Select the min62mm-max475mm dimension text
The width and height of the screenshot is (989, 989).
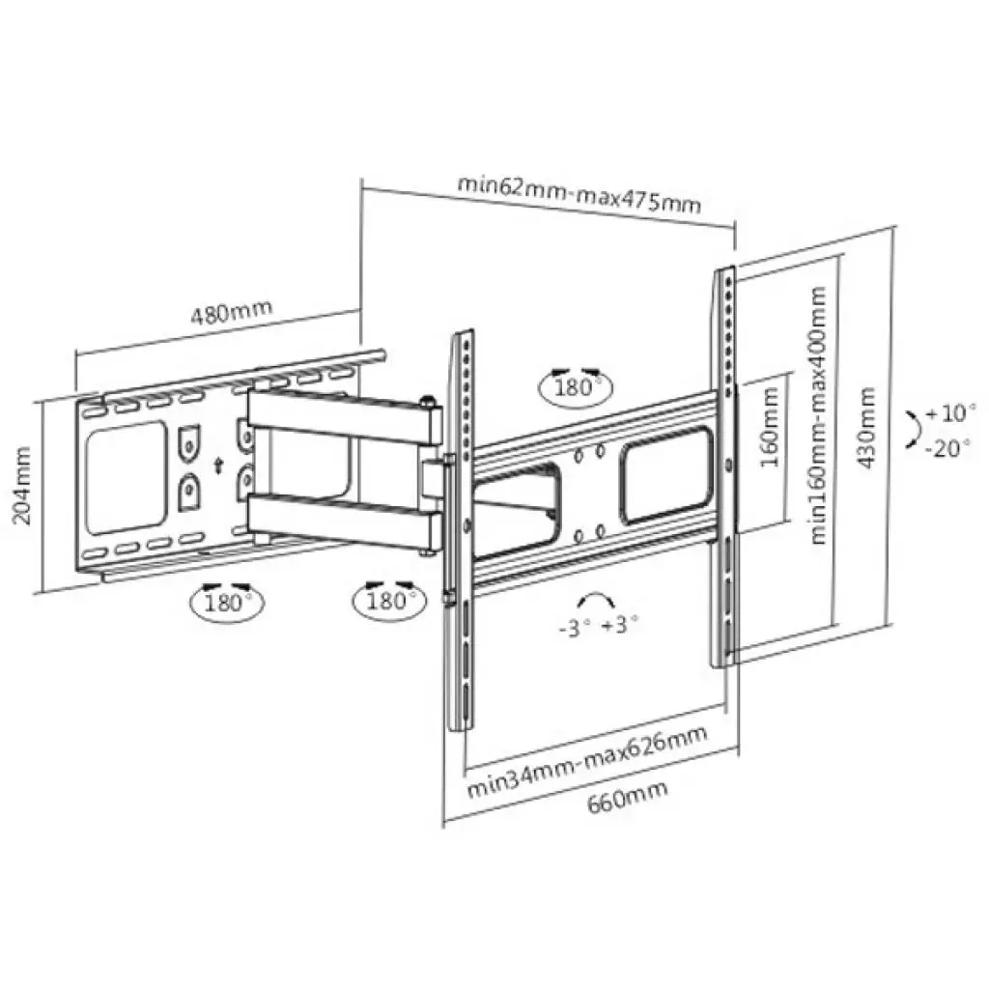(579, 190)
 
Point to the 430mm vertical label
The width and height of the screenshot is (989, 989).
(866, 429)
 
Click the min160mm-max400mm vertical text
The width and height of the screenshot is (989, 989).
(819, 416)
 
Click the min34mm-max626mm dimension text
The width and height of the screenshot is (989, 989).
(586, 760)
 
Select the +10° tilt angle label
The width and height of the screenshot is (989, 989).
(950, 413)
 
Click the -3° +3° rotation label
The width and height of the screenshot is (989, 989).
(598, 626)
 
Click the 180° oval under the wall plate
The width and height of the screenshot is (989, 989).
(227, 602)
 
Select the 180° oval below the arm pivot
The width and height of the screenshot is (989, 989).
(391, 600)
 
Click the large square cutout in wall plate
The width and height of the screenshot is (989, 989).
(126, 476)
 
